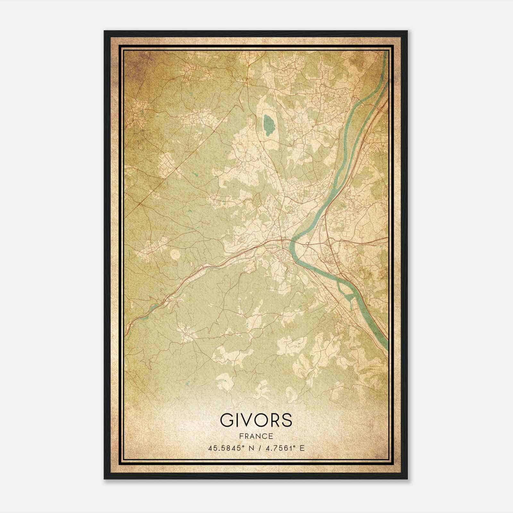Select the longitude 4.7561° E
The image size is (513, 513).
click(284, 448)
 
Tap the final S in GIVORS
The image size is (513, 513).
click(287, 420)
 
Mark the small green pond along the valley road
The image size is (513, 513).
click(154, 307)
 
